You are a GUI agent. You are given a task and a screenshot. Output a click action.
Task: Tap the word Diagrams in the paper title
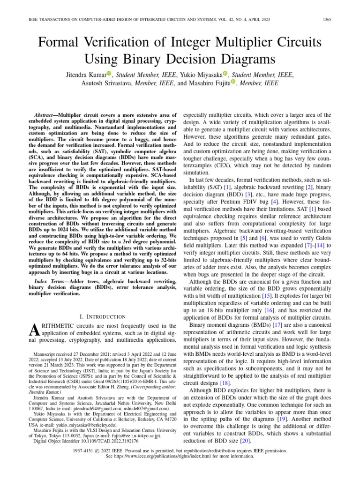point(242,59)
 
